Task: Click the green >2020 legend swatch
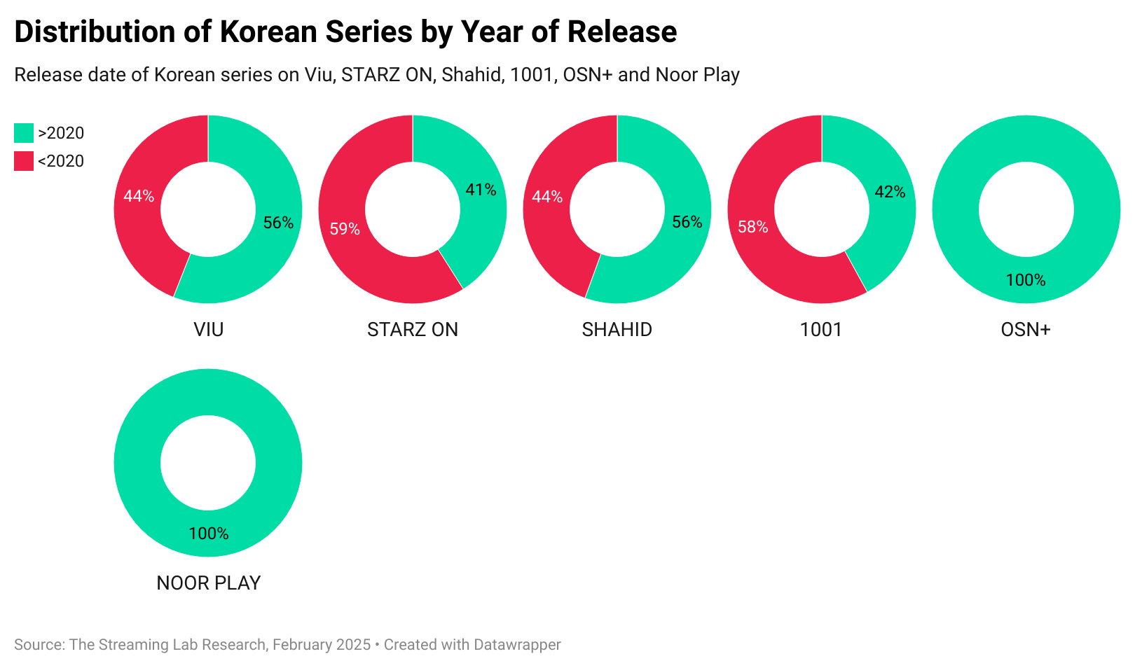(24, 133)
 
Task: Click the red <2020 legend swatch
(24, 161)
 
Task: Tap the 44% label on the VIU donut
(139, 196)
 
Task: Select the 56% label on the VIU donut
(278, 223)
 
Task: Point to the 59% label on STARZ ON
(345, 229)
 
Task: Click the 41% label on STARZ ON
(481, 190)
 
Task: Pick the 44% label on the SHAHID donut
(547, 197)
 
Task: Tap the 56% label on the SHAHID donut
(687, 222)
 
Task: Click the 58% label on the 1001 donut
(753, 227)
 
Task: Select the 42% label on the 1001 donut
(890, 192)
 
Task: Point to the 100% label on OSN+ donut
(1026, 280)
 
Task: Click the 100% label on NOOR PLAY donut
(209, 534)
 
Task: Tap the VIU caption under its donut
(209, 329)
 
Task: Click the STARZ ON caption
(413, 329)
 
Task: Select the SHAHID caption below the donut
(617, 329)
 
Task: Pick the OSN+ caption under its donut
(1026, 329)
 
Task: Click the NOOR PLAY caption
(209, 583)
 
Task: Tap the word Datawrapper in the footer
(517, 644)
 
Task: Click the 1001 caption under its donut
(821, 329)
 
